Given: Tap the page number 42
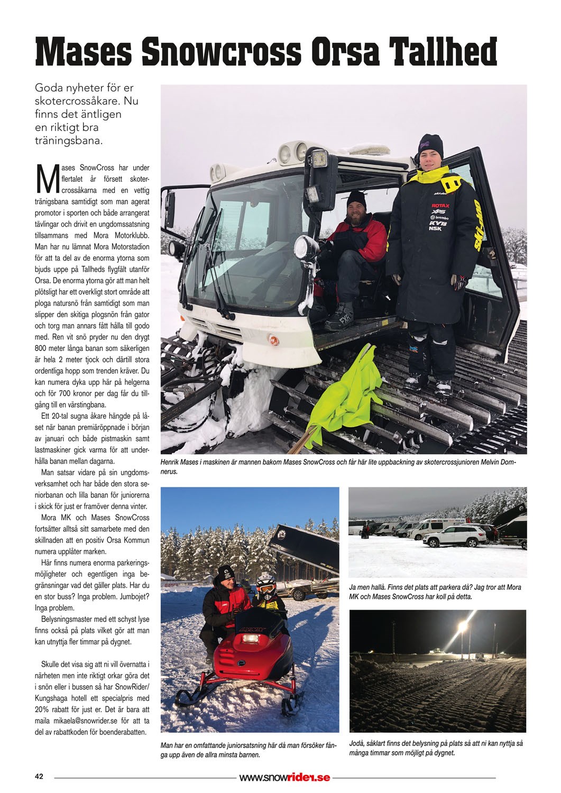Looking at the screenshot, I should coord(39,777).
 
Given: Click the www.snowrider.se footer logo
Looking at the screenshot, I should coord(284,777).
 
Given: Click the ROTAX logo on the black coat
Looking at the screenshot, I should coord(440,205).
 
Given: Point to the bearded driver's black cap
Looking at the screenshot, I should coord(356,198).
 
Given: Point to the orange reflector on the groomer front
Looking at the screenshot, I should coord(273,338).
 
